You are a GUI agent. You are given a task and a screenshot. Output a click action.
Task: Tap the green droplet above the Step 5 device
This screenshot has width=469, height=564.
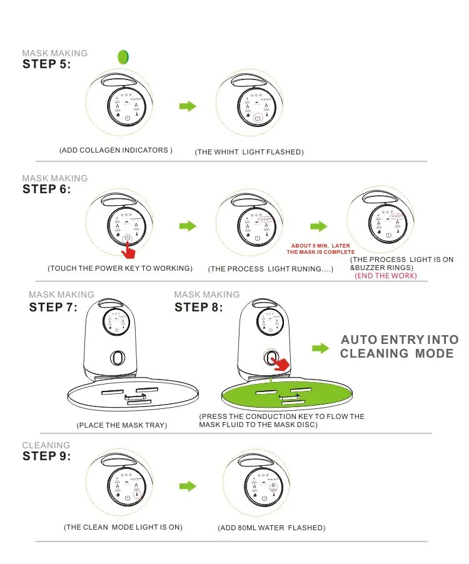[123, 56]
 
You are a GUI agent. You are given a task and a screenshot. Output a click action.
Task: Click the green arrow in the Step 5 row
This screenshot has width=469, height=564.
[188, 106]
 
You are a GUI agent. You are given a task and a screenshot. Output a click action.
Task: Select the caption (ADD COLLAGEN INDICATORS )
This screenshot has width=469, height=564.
[116, 151]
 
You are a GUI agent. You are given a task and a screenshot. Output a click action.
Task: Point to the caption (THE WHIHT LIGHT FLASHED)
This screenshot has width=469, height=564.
[249, 153]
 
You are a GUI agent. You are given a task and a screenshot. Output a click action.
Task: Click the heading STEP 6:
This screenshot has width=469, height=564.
[47, 189]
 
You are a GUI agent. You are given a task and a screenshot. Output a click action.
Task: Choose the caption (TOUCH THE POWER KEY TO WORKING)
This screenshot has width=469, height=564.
[119, 269]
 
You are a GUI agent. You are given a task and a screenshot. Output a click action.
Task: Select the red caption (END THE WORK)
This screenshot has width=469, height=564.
[386, 276]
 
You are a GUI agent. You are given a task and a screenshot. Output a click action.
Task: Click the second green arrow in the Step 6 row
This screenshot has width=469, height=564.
[319, 226]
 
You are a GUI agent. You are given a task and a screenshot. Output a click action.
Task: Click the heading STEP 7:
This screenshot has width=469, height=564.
[53, 307]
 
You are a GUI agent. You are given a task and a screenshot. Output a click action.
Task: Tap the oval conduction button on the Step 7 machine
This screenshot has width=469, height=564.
[117, 358]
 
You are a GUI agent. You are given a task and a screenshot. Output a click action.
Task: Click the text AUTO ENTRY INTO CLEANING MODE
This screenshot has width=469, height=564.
[398, 346]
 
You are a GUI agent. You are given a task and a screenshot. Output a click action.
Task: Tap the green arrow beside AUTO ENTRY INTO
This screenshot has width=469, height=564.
[320, 348]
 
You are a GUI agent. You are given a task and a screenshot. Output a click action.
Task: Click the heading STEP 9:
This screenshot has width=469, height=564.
[47, 456]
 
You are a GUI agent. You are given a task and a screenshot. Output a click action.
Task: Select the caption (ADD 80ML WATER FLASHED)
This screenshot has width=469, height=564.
[271, 528]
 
